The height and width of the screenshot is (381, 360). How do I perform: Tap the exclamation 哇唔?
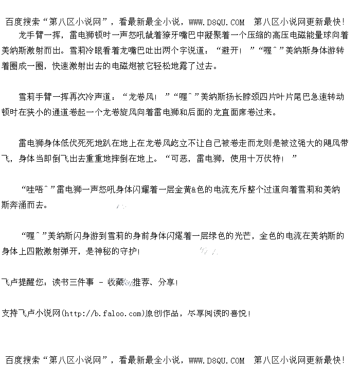point(32,189)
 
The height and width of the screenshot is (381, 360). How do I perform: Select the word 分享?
point(168,282)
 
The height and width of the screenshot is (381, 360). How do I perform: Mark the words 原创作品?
point(164,313)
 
